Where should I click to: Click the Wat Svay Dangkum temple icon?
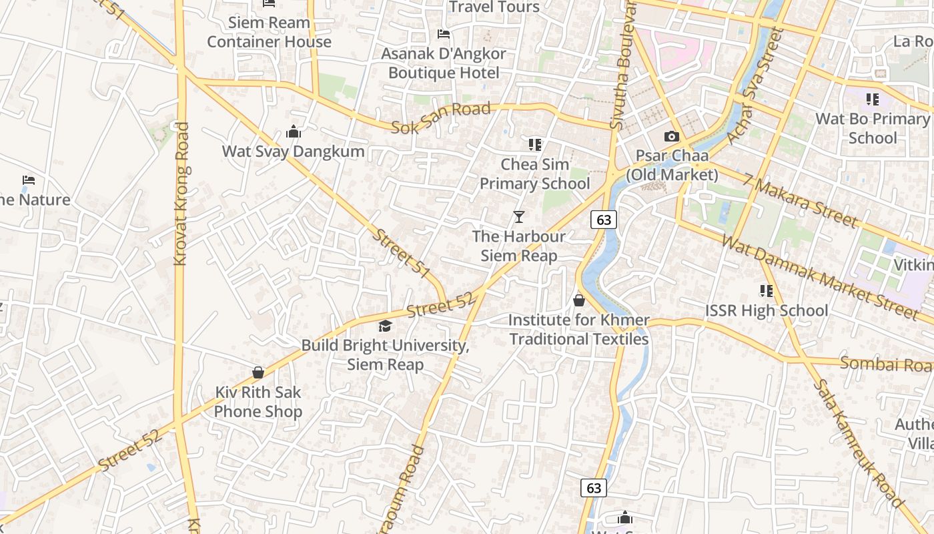(294, 131)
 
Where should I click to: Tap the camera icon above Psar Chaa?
(672, 136)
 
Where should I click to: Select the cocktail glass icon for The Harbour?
(519, 216)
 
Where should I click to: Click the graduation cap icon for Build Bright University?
(385, 326)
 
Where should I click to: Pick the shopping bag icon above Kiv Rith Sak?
(258, 372)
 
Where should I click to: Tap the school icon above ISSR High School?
(767, 291)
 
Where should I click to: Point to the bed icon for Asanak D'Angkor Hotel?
(443, 34)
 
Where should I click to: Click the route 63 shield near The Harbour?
(603, 219)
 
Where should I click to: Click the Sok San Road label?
(440, 117)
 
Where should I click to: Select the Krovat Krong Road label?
(181, 194)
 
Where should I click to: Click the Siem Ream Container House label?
(269, 32)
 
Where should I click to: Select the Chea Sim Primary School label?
(535, 174)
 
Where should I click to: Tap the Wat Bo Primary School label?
(873, 128)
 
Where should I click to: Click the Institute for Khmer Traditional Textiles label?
(579, 330)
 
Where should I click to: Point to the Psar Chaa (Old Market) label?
(672, 165)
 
